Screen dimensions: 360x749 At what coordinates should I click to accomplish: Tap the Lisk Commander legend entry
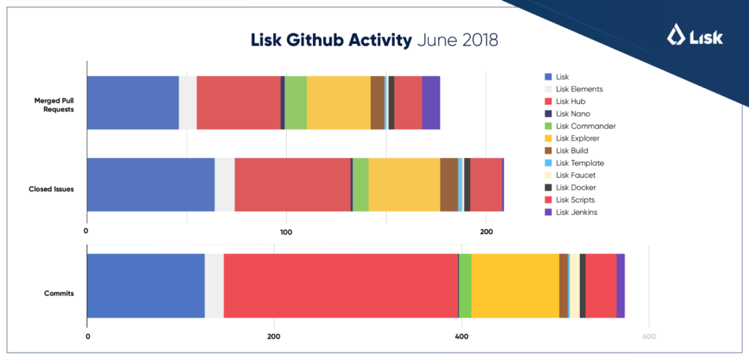tap(586, 126)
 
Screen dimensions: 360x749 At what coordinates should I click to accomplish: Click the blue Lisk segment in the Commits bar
tap(146, 285)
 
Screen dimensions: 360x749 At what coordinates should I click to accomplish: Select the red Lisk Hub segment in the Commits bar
tap(340, 285)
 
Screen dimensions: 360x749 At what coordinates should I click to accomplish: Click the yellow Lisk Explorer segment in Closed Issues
tap(404, 184)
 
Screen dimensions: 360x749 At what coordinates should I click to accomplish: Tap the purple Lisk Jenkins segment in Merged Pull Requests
tap(431, 102)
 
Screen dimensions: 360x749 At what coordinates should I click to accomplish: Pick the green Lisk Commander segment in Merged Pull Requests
tap(296, 102)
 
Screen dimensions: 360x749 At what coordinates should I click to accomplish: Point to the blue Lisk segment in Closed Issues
tap(151, 184)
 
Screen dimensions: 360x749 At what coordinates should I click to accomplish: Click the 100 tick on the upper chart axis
tap(286, 232)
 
